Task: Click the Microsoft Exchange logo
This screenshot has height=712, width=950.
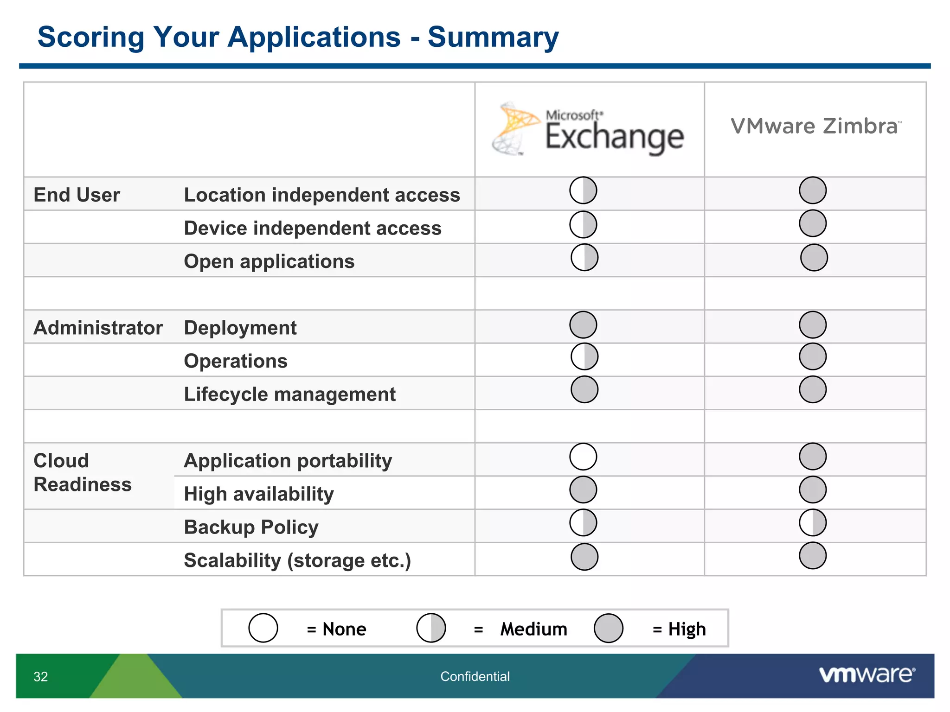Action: tap(588, 130)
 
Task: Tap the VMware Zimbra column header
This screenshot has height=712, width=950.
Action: tap(815, 127)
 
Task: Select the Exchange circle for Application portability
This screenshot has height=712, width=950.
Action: tap(583, 457)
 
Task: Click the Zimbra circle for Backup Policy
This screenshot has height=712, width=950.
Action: tap(813, 523)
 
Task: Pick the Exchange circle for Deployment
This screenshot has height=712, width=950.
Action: tap(583, 324)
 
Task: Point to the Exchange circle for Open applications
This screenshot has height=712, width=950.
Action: tap(584, 257)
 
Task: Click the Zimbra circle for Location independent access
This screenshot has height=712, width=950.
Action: tap(813, 190)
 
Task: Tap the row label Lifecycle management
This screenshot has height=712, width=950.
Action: tap(289, 394)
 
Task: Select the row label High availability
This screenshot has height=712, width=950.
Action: tap(258, 494)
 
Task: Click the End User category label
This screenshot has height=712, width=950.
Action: tap(77, 195)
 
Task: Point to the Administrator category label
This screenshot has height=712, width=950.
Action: tap(98, 328)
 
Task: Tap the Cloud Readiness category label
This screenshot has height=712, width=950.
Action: tap(82, 472)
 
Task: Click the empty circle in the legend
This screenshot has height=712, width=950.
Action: tap(263, 628)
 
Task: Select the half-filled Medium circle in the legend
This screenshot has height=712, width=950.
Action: tap(431, 628)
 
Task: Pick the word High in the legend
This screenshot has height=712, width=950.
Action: tap(687, 629)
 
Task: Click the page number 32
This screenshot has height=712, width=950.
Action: tap(41, 677)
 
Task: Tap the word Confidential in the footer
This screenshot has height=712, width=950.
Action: tap(475, 677)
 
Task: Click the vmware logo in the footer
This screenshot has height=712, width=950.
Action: tap(867, 675)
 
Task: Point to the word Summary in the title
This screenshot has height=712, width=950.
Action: tap(493, 37)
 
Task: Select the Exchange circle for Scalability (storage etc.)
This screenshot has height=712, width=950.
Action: tap(584, 556)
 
